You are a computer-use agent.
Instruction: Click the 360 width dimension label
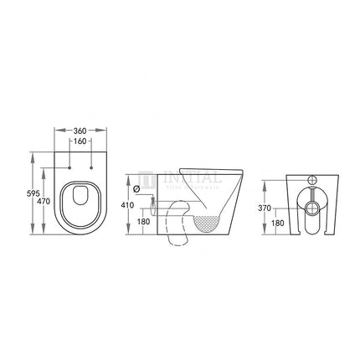(80, 131)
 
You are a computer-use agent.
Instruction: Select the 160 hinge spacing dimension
(80, 142)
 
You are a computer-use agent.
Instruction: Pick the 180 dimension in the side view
(143, 222)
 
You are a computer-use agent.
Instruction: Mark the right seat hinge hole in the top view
(90, 168)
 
